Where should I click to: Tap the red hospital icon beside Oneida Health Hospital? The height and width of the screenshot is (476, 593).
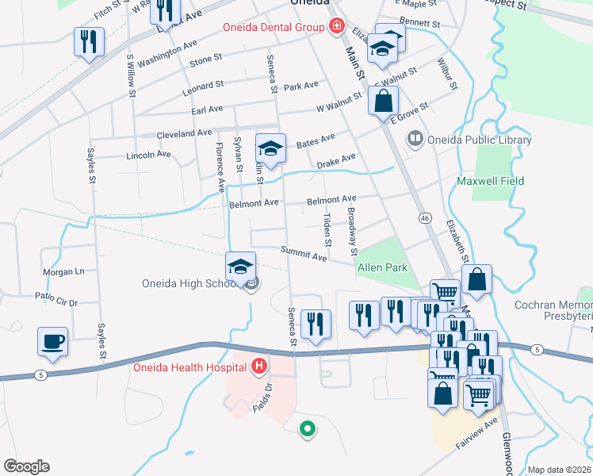[258, 367]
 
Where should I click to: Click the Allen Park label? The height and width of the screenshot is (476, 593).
[383, 268]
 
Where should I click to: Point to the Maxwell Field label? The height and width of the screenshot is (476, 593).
[491, 181]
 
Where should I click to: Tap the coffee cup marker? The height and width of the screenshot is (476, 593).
[53, 342]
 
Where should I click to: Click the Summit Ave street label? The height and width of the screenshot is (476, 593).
[304, 254]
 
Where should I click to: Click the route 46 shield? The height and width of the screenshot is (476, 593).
[425, 217]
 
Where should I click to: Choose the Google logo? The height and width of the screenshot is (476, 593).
[26, 466]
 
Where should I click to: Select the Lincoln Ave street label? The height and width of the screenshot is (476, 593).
[148, 155]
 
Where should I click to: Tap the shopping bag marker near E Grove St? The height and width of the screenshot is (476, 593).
[384, 102]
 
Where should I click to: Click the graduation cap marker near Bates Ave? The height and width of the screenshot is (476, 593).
[270, 149]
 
